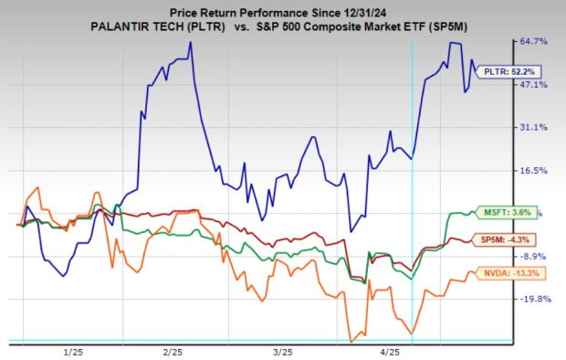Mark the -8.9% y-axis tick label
coord(532,256)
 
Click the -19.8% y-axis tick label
coord(534,299)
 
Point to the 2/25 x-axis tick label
coord(172,351)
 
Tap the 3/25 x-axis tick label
coord(281,351)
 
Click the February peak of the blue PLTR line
coord(190,42)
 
